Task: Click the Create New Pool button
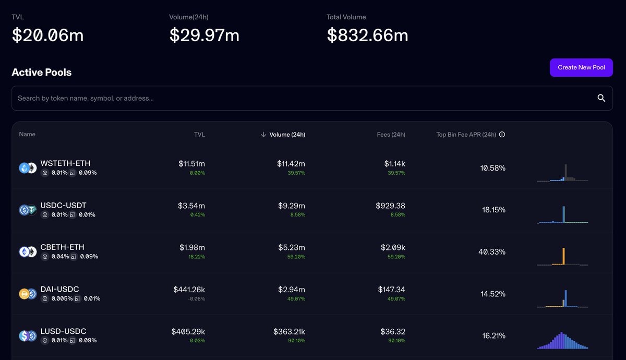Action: click(581, 67)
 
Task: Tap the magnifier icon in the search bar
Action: click(601, 98)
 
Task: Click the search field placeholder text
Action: click(86, 98)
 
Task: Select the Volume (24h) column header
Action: click(287, 135)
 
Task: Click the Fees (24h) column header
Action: click(391, 135)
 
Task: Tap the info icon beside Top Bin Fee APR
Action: click(502, 135)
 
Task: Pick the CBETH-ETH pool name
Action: click(62, 247)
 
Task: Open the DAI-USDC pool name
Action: click(59, 289)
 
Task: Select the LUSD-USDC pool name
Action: click(63, 331)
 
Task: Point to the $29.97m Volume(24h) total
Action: click(204, 35)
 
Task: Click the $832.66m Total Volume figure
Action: click(367, 35)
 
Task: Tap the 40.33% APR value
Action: click(492, 252)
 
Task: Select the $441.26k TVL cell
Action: click(189, 289)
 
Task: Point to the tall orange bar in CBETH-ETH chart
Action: click(564, 256)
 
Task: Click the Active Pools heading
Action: click(42, 73)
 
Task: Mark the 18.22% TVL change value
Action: click(197, 257)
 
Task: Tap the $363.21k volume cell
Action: click(289, 331)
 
